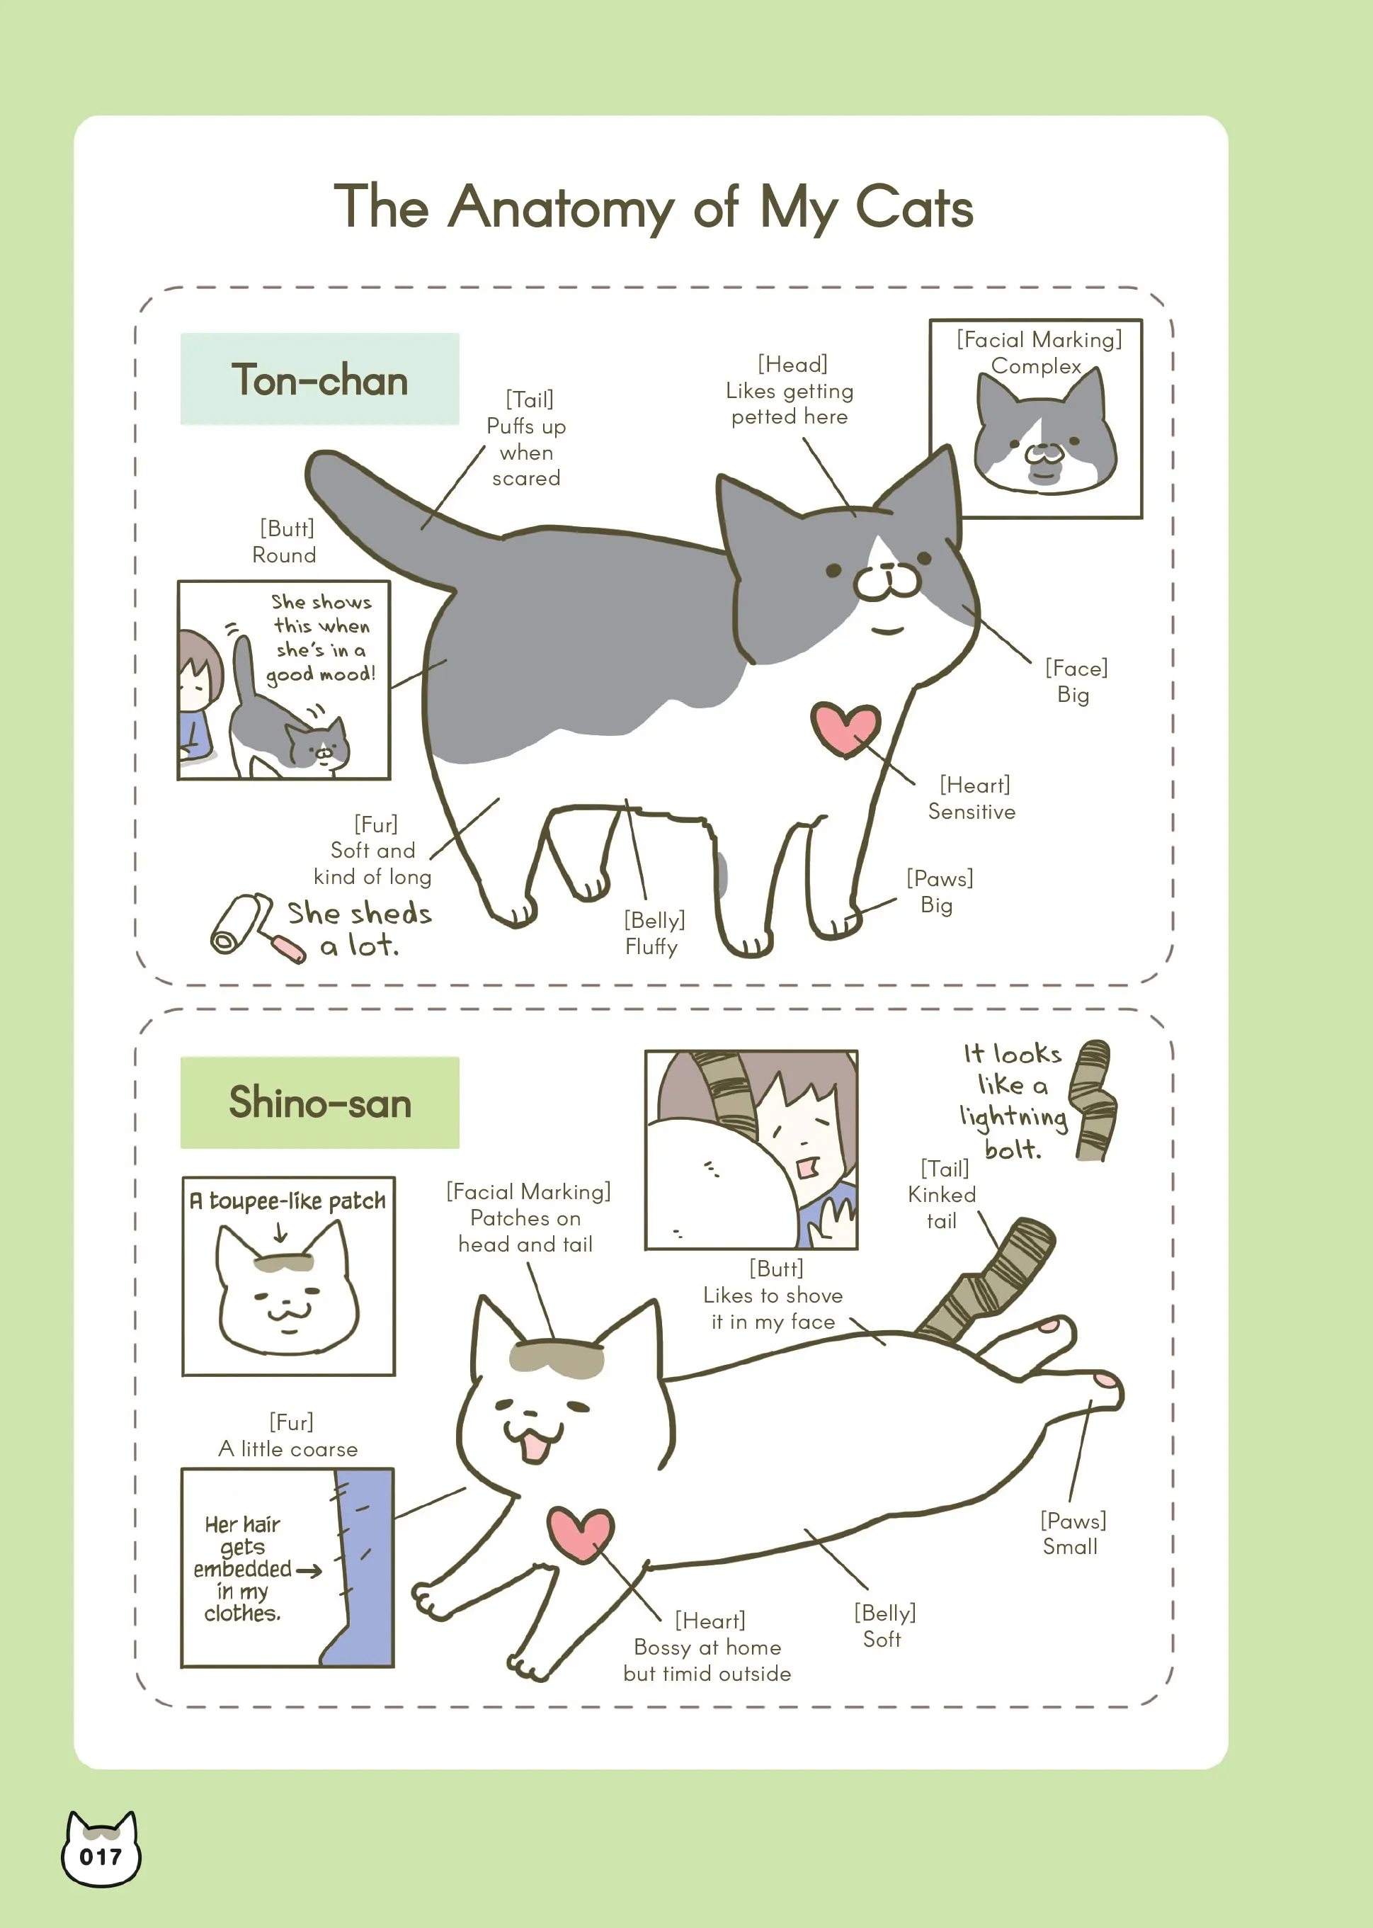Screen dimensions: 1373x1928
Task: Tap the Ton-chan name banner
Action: [x=319, y=379]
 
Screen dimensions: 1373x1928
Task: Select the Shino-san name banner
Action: [x=319, y=1102]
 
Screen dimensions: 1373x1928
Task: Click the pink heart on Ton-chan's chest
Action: [x=845, y=727]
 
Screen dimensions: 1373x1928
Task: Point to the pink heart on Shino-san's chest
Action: [x=580, y=1533]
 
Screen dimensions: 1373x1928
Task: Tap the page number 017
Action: [x=101, y=1857]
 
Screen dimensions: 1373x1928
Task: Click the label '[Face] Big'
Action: [x=1076, y=681]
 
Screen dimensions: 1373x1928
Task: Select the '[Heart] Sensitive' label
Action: [x=972, y=798]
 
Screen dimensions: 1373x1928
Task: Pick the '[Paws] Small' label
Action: [x=1072, y=1533]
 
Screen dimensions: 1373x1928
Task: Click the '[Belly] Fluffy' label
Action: [x=654, y=933]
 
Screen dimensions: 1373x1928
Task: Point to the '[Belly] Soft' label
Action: [x=884, y=1626]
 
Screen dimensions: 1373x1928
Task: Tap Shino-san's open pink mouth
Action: [x=535, y=1447]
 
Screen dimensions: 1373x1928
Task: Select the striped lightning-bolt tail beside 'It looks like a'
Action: [x=1093, y=1100]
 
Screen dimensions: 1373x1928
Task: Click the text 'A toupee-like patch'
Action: [x=287, y=1201]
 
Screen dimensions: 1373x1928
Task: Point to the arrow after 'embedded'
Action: [x=309, y=1571]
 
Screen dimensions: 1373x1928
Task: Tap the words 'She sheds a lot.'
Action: [x=359, y=929]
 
